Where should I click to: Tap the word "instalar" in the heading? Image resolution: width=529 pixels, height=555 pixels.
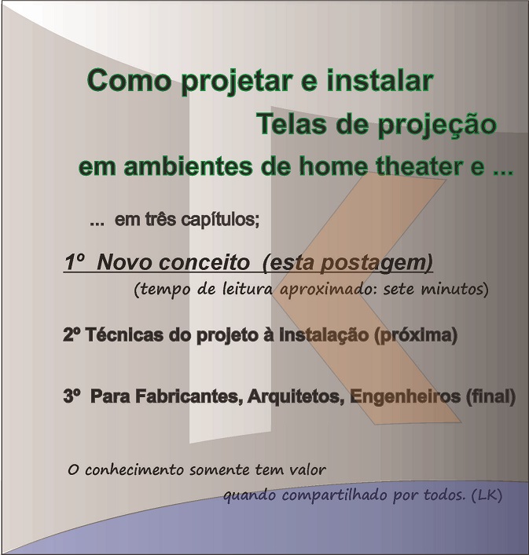click(x=380, y=80)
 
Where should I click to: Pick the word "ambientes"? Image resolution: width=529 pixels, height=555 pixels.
click(x=188, y=166)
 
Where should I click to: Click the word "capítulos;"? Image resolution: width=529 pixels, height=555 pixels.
click(x=220, y=221)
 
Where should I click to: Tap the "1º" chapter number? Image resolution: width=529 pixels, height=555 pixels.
click(x=75, y=262)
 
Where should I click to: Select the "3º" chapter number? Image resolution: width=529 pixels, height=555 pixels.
click(x=72, y=396)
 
